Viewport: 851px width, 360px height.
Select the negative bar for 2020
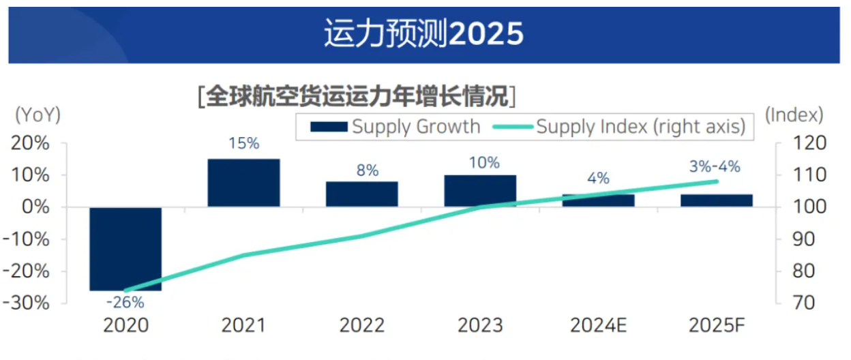(x=125, y=249)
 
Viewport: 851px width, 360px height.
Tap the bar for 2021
(x=243, y=183)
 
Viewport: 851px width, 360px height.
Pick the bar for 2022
(x=361, y=194)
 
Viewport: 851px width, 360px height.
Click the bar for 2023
(x=480, y=191)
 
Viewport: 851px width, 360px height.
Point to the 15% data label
(x=243, y=144)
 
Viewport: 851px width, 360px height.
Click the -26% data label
(x=125, y=302)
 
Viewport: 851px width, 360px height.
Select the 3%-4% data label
(x=715, y=166)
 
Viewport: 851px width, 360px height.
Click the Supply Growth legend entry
(x=395, y=127)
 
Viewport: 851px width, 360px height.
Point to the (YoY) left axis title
(x=38, y=115)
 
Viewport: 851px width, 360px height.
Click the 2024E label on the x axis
(x=598, y=325)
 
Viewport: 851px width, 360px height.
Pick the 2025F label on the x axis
(x=716, y=325)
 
